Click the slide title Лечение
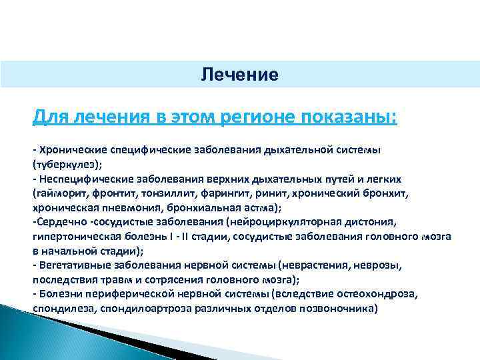click(x=239, y=74)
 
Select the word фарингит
click(x=226, y=194)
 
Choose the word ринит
click(x=270, y=194)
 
